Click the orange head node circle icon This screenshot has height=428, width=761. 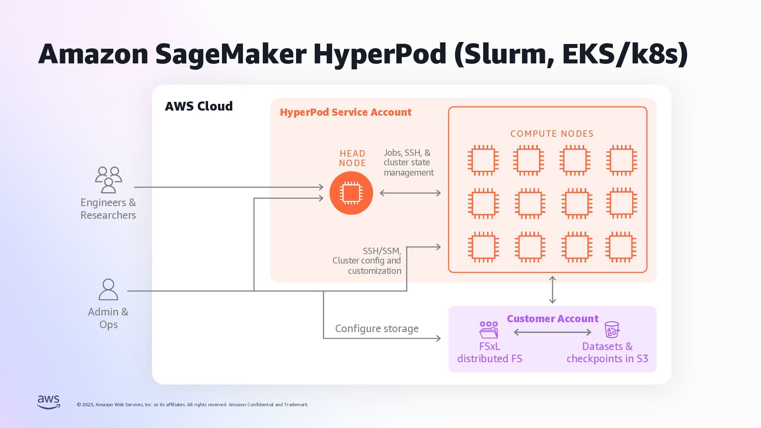pyautogui.click(x=351, y=193)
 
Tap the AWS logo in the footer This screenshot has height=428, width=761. pyautogui.click(x=49, y=402)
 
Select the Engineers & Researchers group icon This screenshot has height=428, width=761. pyautogui.click(x=108, y=180)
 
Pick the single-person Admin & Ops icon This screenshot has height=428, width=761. pyautogui.click(x=108, y=289)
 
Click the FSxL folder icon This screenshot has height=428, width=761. pyautogui.click(x=489, y=330)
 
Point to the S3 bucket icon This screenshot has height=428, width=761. pyautogui.click(x=612, y=330)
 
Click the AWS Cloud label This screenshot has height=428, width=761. pyautogui.click(x=199, y=106)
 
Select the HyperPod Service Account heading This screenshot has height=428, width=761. pyautogui.click(x=346, y=112)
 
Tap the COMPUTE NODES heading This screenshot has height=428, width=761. pyautogui.click(x=552, y=134)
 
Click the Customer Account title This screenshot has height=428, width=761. pyautogui.click(x=553, y=319)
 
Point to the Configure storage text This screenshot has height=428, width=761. pyautogui.click(x=377, y=329)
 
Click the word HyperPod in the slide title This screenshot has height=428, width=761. pyautogui.click(x=380, y=54)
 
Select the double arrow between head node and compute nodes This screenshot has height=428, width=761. pyautogui.click(x=410, y=193)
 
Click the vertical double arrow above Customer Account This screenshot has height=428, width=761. pyautogui.click(x=553, y=290)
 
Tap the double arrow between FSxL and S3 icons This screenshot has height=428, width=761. pyautogui.click(x=553, y=332)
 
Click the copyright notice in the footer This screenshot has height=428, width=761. pyautogui.click(x=193, y=405)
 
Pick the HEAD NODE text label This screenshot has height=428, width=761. pyautogui.click(x=352, y=158)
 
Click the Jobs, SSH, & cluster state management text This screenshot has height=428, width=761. pyautogui.click(x=409, y=162)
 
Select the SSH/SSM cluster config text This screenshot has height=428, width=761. pyautogui.click(x=367, y=261)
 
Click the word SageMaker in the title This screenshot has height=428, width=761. pyautogui.click(x=231, y=54)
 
